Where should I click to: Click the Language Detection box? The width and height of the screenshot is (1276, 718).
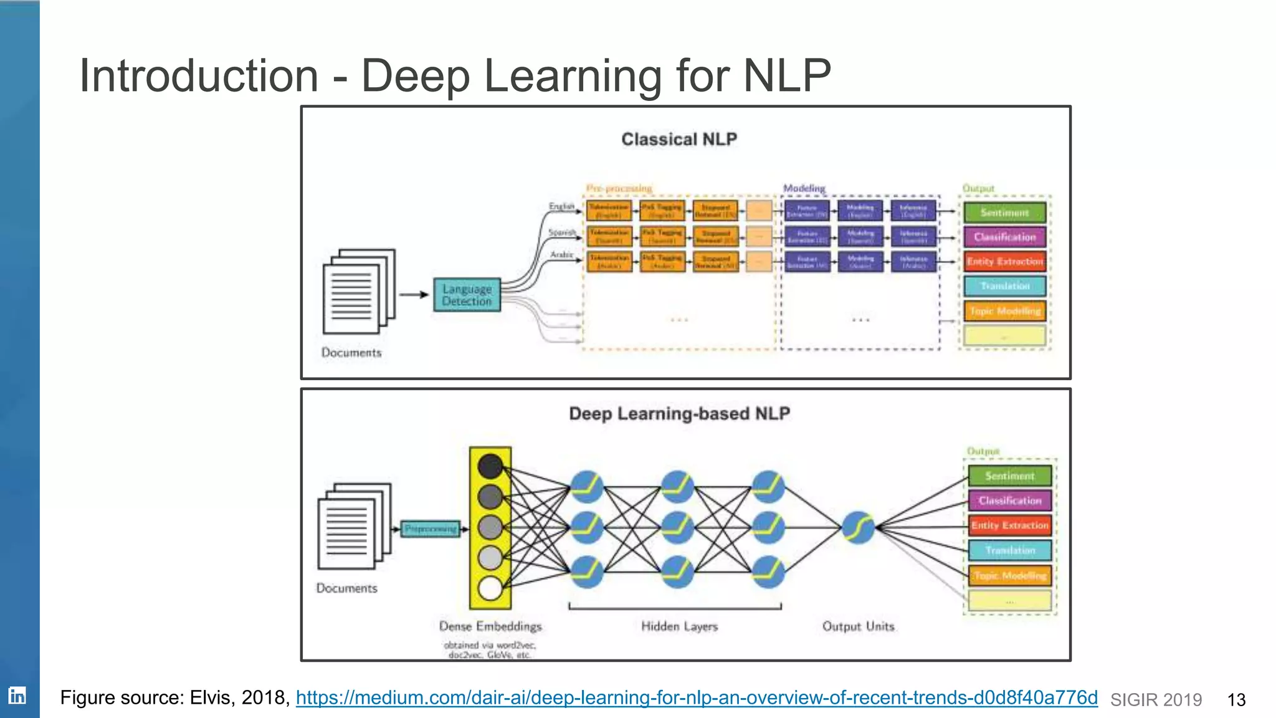pyautogui.click(x=467, y=295)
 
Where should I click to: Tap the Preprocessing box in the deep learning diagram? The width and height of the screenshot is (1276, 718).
pyautogui.click(x=431, y=529)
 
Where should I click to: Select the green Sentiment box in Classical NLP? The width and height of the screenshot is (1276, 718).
pyautogui.click(x=1004, y=213)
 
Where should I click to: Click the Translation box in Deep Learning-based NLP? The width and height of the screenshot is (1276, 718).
pyautogui.click(x=1010, y=550)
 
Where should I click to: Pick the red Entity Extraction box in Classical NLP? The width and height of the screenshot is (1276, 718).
pyautogui.click(x=1004, y=262)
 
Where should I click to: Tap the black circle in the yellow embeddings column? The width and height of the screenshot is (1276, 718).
pyautogui.click(x=490, y=466)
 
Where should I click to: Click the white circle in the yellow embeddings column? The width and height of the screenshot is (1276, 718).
pyautogui.click(x=490, y=588)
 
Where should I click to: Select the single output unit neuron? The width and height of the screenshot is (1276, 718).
pyautogui.click(x=858, y=527)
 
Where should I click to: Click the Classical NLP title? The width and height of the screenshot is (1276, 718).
pyautogui.click(x=679, y=139)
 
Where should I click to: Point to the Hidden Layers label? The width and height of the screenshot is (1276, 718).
pyautogui.click(x=679, y=626)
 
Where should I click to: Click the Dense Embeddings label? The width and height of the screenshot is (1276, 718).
pyautogui.click(x=490, y=626)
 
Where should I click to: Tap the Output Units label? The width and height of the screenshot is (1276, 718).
pyautogui.click(x=858, y=626)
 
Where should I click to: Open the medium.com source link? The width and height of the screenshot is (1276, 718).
pyautogui.click(x=696, y=697)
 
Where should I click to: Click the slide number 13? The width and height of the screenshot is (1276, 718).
pyautogui.click(x=1236, y=700)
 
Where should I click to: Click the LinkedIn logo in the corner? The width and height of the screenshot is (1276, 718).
pyautogui.click(x=17, y=696)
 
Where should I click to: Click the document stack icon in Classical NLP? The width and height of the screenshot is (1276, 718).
pyautogui.click(x=358, y=292)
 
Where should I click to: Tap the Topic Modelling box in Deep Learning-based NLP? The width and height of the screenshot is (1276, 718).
pyautogui.click(x=1010, y=576)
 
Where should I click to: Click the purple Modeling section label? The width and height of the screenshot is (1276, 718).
pyautogui.click(x=804, y=188)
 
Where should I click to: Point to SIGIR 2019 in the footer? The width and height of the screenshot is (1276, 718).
pyautogui.click(x=1156, y=700)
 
